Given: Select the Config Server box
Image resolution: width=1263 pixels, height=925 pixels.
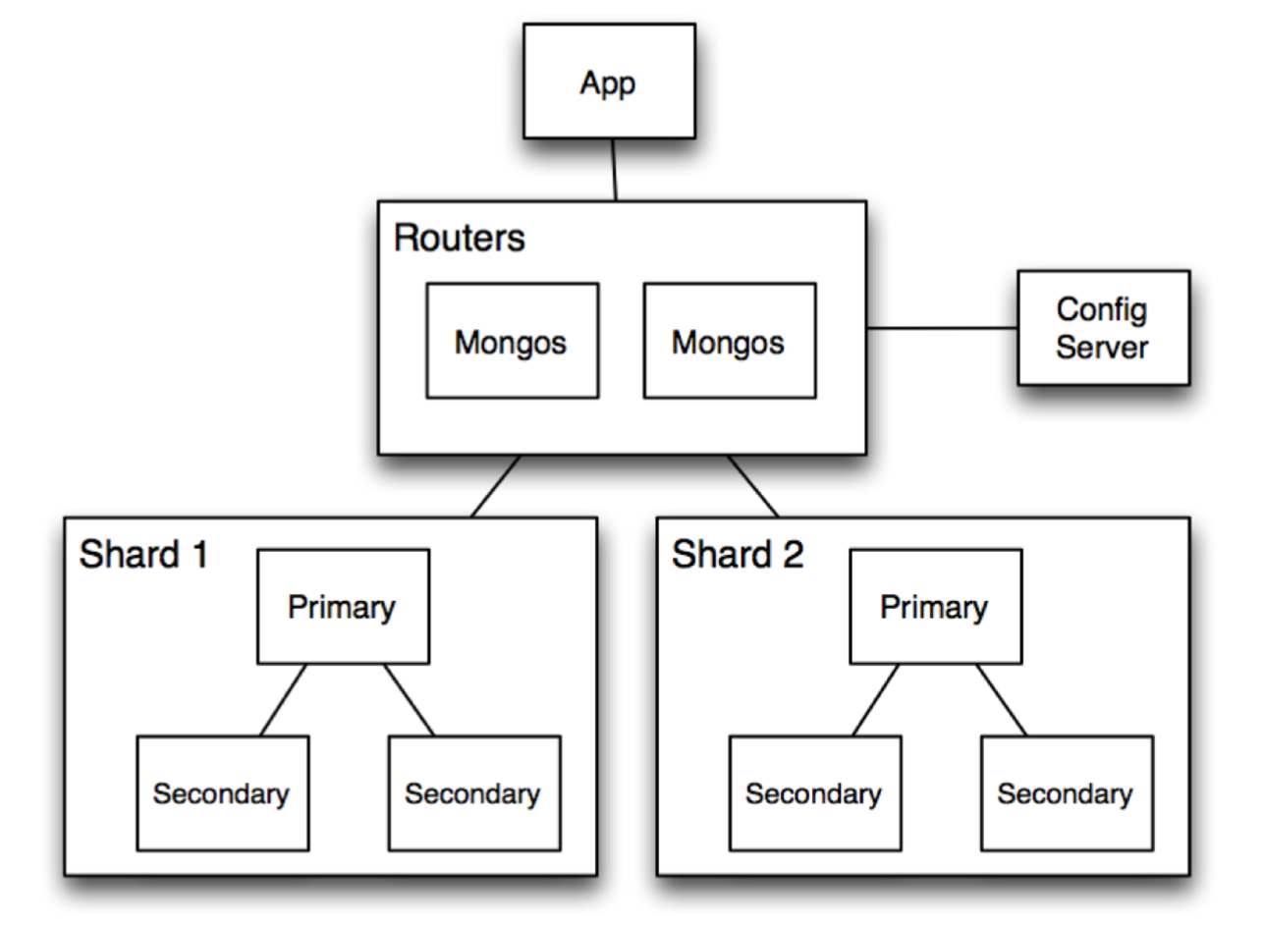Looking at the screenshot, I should point(1103,327).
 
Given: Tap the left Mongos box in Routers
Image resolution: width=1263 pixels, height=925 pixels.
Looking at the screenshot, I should point(512,341).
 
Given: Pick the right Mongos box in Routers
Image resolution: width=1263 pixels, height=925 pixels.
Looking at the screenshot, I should point(729,341).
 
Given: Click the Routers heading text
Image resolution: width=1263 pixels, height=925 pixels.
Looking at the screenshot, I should point(460,238).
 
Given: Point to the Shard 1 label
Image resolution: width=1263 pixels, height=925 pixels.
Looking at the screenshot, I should point(143,554).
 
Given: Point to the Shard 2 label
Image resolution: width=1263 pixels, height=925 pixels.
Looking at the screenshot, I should point(738,554).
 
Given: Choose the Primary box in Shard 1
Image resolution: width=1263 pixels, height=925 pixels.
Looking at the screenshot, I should point(343,606).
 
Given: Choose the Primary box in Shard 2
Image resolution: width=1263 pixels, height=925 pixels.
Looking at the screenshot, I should point(935,606).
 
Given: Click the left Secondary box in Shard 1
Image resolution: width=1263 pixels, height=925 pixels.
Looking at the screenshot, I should point(222,792).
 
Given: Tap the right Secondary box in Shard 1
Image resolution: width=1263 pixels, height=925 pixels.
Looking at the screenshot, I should point(474,792).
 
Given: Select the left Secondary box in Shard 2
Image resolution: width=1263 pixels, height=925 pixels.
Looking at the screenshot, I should point(814,792).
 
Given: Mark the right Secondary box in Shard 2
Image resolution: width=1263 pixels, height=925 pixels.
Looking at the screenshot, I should point(1067,792).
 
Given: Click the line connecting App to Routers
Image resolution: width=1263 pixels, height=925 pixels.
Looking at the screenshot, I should point(614,169).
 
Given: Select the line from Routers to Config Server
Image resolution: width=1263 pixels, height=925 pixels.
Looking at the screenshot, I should point(942,328).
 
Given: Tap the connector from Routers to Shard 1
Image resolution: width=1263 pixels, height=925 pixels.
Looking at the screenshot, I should point(496,486).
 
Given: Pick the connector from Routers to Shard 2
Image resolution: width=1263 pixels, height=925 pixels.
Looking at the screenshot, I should point(752,486).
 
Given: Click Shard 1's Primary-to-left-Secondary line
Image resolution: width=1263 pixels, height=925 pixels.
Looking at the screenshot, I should point(283,699).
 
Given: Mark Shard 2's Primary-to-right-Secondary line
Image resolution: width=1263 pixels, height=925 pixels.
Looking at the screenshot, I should point(1001,699).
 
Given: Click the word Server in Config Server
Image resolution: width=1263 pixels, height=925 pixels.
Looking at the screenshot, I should point(1103,347).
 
